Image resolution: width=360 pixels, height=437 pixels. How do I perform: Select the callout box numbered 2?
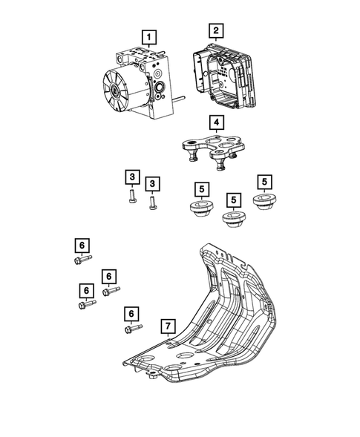pos(215,30)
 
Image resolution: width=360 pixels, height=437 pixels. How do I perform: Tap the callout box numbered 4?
pos(215,122)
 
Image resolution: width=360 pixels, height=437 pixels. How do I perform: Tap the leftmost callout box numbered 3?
pos(131,177)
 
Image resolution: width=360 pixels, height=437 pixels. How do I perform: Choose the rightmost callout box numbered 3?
pos(152,183)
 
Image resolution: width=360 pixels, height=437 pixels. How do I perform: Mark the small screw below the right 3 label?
pos(152,201)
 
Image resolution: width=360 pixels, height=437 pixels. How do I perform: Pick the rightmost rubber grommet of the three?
pos(264,203)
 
